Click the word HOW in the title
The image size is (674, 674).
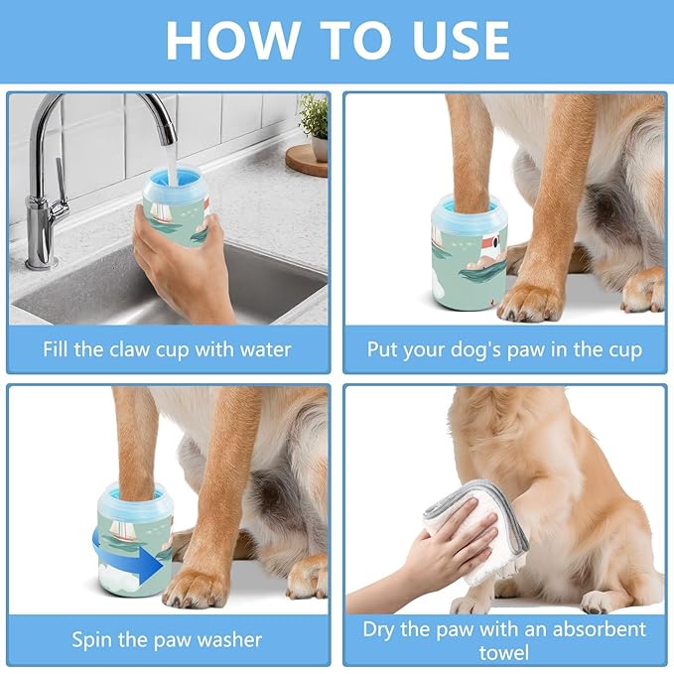click(x=230, y=40)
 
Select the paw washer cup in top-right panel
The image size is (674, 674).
click(x=469, y=253)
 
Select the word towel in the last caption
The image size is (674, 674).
click(x=504, y=653)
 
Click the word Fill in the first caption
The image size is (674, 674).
click(x=59, y=349)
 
